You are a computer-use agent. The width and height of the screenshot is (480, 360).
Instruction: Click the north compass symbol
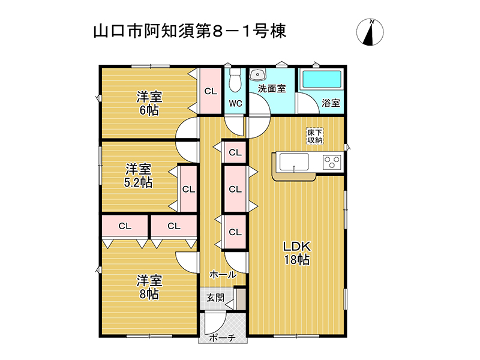370,32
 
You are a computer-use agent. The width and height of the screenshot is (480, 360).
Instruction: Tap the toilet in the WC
235,79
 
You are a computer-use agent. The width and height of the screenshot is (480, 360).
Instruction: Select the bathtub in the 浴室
322,79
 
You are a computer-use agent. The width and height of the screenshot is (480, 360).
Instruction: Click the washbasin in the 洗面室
257,74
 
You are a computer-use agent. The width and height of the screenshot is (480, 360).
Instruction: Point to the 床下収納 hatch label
314,136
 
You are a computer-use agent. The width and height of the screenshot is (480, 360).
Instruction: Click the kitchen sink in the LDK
294,162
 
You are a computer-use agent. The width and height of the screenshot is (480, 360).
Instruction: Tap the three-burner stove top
332,161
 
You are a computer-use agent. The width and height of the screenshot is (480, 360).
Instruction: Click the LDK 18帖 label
296,253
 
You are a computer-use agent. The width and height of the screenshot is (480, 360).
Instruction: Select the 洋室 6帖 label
149,103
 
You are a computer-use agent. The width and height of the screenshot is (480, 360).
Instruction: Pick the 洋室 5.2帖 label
139,175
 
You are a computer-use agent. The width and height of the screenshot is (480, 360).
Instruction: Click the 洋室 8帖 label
149,287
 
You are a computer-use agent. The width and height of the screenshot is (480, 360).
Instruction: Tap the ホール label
223,275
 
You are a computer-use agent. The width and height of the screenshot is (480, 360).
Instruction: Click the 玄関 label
215,297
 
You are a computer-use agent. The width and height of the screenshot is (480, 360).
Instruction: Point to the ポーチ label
222,338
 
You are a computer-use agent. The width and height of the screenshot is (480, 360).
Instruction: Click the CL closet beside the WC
211,91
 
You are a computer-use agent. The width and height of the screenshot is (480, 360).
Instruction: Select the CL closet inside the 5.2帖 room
188,189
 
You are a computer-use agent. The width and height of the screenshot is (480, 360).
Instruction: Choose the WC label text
235,103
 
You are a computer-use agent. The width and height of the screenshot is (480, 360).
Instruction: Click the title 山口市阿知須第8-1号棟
190,31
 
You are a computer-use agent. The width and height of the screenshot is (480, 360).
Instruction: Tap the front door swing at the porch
215,323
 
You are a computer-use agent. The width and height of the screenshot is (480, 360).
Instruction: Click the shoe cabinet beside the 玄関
241,299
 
